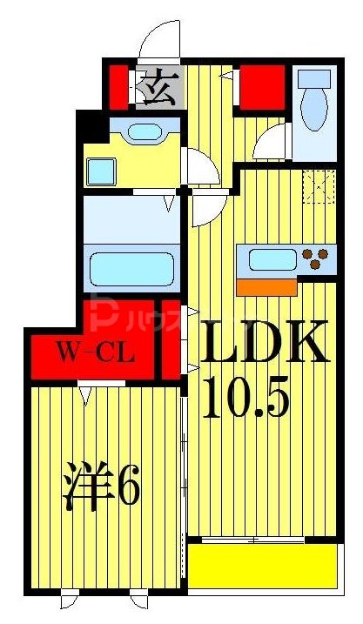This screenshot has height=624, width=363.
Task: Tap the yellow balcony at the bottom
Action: (262, 566)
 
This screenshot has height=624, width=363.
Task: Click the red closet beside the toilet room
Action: (261, 85)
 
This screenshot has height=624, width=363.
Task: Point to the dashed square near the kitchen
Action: (319, 185)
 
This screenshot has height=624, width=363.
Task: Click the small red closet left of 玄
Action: (118, 86)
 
